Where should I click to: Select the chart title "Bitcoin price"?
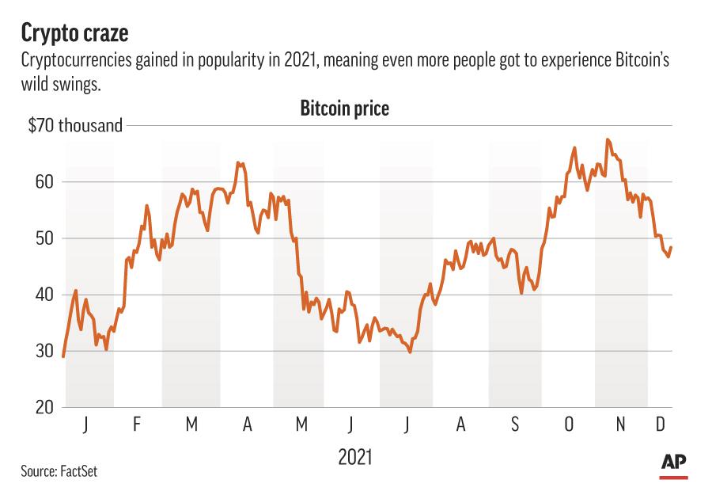[x=344, y=109]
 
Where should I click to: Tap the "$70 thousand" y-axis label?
[x=75, y=125]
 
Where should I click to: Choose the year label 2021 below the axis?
[x=355, y=457]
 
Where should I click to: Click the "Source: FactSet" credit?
[x=59, y=472]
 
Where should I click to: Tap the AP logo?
[x=673, y=463]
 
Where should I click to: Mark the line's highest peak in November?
[x=607, y=139]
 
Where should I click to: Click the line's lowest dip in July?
[x=410, y=352]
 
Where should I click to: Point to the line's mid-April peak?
[x=238, y=162]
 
